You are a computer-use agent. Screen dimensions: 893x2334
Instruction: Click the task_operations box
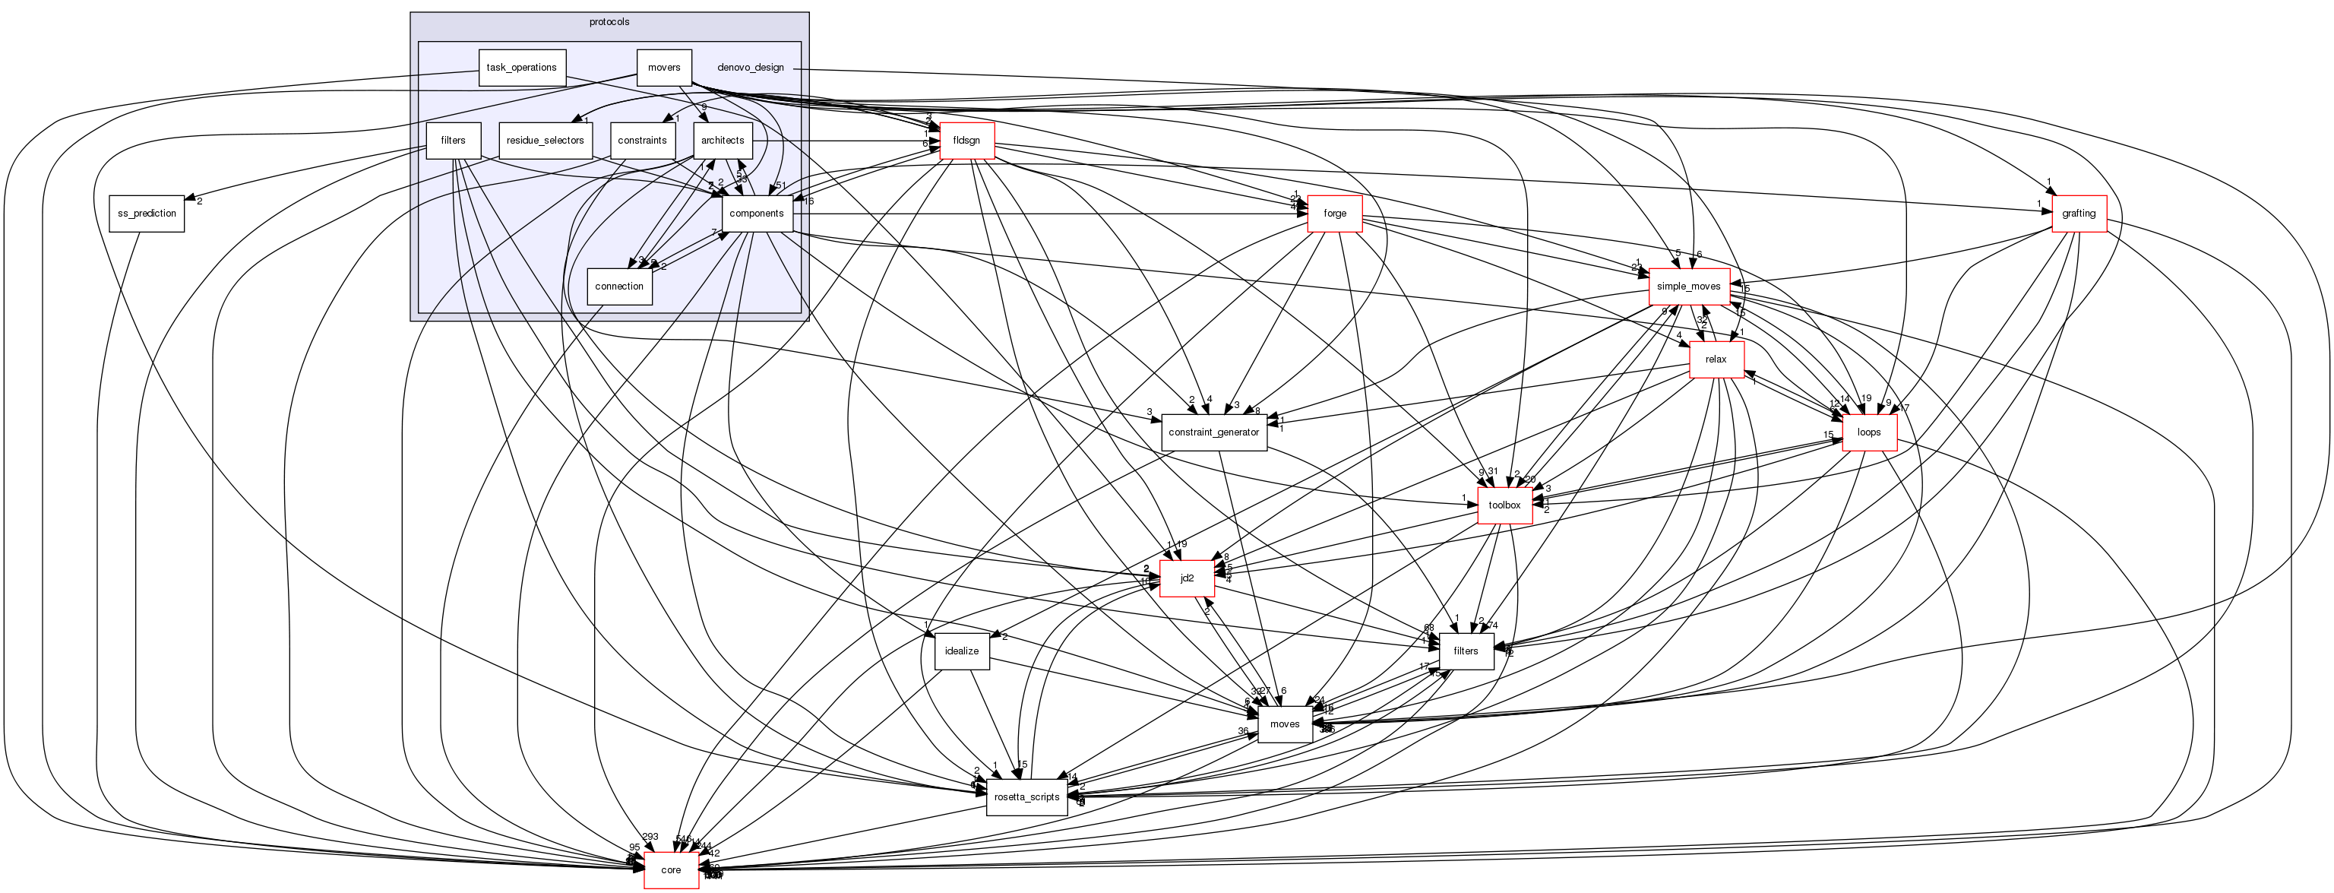(521, 68)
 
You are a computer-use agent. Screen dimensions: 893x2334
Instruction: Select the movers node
(664, 68)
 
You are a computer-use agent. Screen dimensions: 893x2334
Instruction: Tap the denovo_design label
(750, 68)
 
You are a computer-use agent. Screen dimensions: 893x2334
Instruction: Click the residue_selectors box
(545, 141)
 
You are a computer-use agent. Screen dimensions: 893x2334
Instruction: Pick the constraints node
(643, 141)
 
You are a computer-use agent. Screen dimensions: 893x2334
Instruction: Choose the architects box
(722, 141)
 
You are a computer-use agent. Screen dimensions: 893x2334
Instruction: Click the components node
(756, 214)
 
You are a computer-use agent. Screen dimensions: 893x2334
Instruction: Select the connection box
(619, 287)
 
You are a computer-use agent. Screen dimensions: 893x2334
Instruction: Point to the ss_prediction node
(147, 214)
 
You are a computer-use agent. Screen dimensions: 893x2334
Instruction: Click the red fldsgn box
(966, 141)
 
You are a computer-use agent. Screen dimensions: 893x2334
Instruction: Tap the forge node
(1335, 214)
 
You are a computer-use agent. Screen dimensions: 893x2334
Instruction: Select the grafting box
(2079, 214)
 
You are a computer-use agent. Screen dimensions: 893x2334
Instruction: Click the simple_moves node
(1688, 287)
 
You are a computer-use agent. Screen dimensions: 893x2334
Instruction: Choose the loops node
(1869, 432)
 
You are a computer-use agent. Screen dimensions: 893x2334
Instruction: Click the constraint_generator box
(1213, 432)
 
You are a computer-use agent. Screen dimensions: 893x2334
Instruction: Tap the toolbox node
(1504, 505)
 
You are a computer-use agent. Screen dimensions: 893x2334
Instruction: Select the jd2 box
(1187, 578)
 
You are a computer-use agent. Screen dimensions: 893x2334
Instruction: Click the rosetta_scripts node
(1026, 797)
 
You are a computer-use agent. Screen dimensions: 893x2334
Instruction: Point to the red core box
(670, 870)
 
